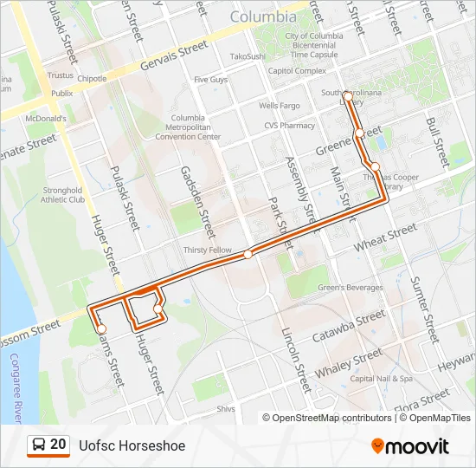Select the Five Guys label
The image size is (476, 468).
[x=210, y=80]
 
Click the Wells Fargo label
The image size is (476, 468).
[x=279, y=106]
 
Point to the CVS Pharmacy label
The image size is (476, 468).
[x=291, y=125]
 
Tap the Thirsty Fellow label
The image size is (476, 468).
[x=208, y=250]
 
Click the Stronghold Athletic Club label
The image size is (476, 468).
[x=62, y=194]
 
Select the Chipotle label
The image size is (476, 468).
[x=92, y=78]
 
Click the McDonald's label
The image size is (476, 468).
[x=46, y=118]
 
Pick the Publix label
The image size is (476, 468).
[x=61, y=93]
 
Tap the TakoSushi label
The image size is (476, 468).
[x=247, y=56]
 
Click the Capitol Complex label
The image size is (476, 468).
[x=297, y=71]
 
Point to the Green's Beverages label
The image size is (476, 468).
[x=349, y=288]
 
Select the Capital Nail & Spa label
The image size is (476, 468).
[x=382, y=379]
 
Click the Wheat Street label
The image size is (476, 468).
[x=386, y=238]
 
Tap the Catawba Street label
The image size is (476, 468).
[x=348, y=328]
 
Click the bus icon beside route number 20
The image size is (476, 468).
[x=39, y=445]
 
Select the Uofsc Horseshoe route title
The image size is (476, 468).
[x=132, y=445]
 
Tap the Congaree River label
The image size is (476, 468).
[x=14, y=381]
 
